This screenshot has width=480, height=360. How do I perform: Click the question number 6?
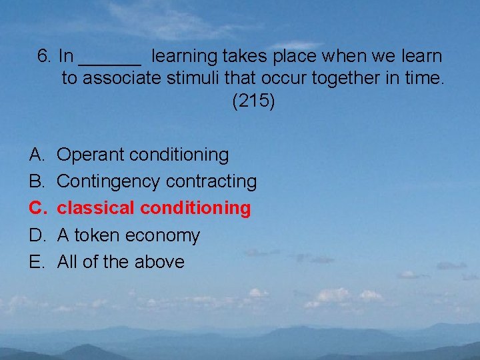point(45,56)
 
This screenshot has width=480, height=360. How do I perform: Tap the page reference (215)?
point(253,102)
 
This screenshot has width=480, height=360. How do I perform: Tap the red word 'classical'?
point(96,208)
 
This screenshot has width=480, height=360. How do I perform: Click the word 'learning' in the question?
point(182,57)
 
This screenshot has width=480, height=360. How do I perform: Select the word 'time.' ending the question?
point(424,79)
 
